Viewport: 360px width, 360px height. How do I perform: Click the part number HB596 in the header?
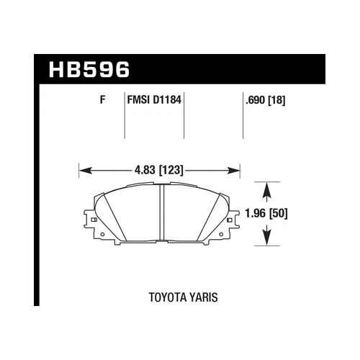(x=89, y=71)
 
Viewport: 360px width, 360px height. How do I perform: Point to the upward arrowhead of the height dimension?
(x=268, y=189)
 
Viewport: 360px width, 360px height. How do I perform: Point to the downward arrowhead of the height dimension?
(x=268, y=238)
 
